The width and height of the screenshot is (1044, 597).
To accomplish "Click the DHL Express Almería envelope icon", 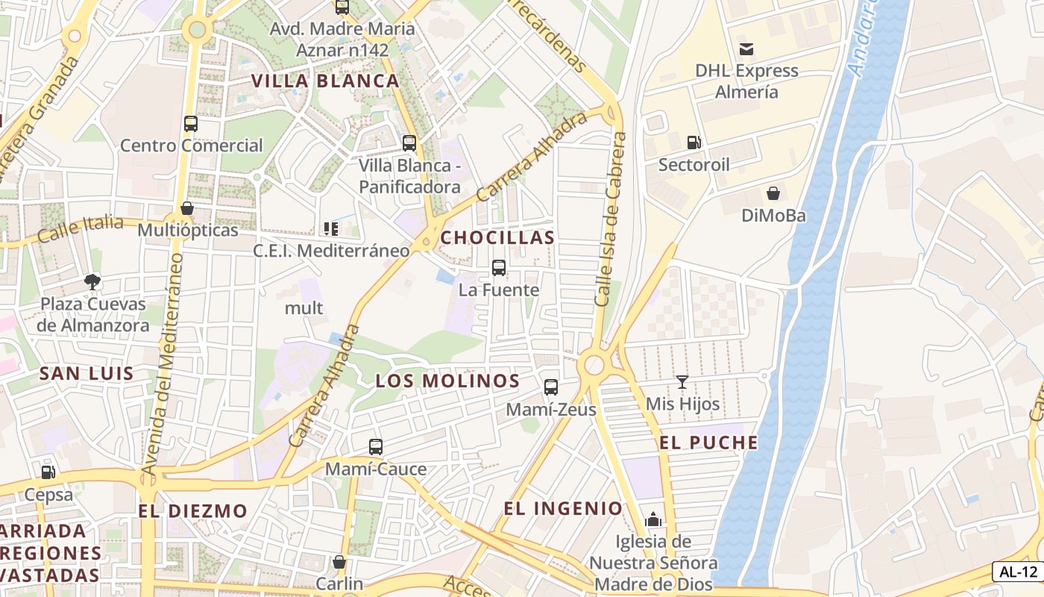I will click(746, 50).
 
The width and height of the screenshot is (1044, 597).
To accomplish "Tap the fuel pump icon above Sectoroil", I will click(694, 143).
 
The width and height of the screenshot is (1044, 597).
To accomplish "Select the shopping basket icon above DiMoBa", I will click(773, 193).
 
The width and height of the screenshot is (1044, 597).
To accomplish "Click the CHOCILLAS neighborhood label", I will click(497, 237).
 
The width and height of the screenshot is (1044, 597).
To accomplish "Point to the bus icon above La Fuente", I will click(499, 267).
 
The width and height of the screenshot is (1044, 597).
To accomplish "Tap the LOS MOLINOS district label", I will click(447, 381).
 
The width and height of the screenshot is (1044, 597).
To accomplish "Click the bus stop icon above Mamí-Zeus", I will click(551, 387).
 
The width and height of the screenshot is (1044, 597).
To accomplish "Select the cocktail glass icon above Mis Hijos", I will click(682, 382).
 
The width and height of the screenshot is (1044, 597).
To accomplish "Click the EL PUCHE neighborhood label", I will click(708, 443).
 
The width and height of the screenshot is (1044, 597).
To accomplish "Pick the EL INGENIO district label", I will click(563, 508).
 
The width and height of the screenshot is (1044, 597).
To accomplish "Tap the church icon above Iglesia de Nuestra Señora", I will click(653, 519).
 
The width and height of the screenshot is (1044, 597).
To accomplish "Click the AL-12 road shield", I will click(1018, 572).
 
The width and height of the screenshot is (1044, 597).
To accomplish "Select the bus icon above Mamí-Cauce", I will click(376, 447).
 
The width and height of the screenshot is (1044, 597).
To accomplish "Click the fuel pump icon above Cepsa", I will click(48, 472).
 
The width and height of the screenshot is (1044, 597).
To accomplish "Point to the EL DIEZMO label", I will click(192, 511).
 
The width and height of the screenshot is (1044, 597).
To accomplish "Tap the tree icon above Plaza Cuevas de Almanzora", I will click(92, 282).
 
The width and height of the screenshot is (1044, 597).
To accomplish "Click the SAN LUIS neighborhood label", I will click(87, 374).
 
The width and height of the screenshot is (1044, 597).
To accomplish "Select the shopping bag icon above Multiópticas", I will click(187, 208).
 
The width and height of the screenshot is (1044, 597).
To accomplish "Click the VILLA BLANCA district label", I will click(325, 81).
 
